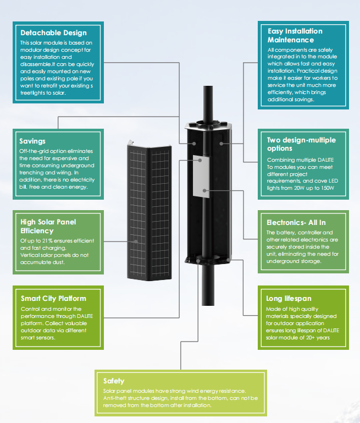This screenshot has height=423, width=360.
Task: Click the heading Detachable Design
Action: tap(54, 33)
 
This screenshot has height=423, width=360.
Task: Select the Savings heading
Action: tap(32, 141)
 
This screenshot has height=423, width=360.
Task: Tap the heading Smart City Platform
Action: tap(53, 298)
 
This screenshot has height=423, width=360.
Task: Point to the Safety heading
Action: tap(114, 381)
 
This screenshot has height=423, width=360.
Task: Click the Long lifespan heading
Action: tap(289, 298)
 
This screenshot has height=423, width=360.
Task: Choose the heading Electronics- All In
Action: tap(296, 223)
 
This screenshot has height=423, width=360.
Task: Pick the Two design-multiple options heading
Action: tap(301, 144)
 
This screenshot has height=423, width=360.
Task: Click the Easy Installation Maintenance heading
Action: tap(295, 35)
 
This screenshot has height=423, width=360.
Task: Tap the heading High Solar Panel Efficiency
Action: tap(48, 226)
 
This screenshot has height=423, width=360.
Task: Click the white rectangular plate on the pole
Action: tap(201, 176)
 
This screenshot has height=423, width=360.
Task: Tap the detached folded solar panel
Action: tap(149, 212)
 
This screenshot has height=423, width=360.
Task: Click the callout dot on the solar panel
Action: tap(136, 241)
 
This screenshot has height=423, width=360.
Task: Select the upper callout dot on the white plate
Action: tap(200, 160)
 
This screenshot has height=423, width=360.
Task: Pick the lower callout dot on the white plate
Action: tap(204, 191)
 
